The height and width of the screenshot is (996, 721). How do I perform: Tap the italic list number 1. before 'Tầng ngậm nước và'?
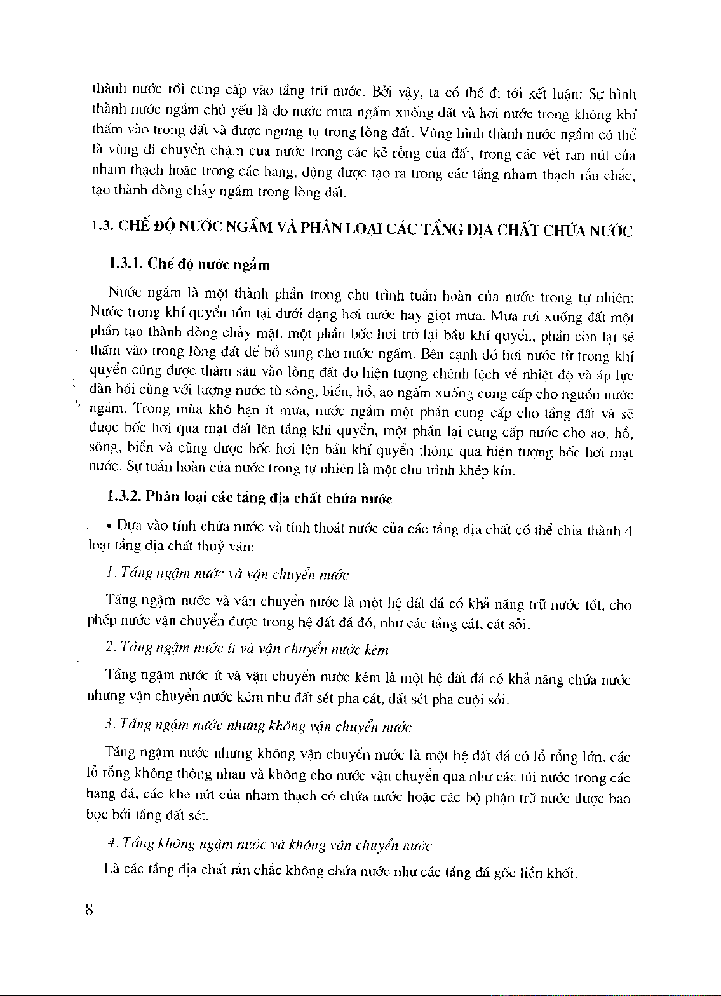111,573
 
